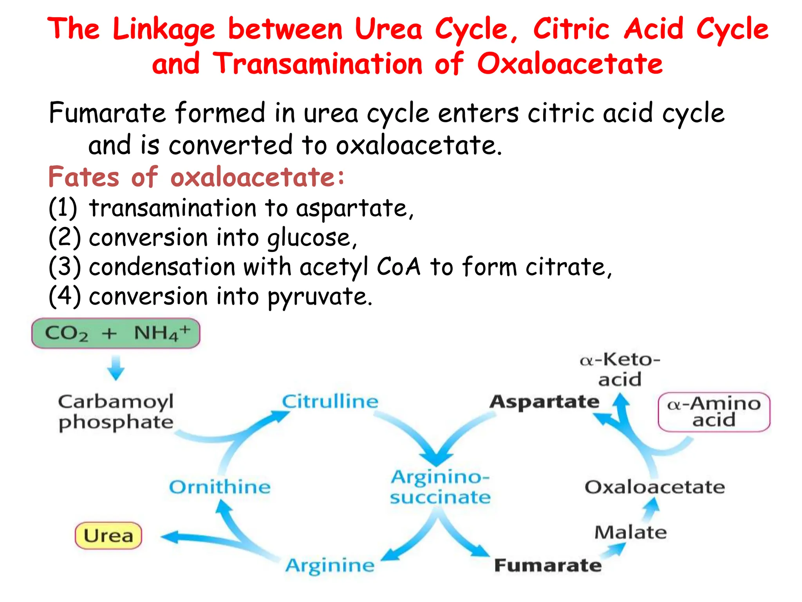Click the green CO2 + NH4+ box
pyautogui.click(x=116, y=334)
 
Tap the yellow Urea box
pyautogui.click(x=108, y=535)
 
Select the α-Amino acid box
pyautogui.click(x=714, y=412)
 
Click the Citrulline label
pyautogui.click(x=330, y=402)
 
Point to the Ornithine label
pyautogui.click(x=220, y=487)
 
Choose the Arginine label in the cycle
pyautogui.click(x=330, y=566)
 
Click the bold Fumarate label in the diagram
pyautogui.click(x=547, y=566)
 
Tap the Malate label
pyautogui.click(x=630, y=533)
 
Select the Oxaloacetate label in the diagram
pyautogui.click(x=654, y=487)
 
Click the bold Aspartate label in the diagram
pyautogui.click(x=544, y=402)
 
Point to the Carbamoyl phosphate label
pyautogui.click(x=116, y=412)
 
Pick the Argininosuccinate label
pyautogui.click(x=440, y=487)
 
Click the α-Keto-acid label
pyautogui.click(x=620, y=369)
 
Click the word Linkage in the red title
pyautogui.click(x=164, y=29)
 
